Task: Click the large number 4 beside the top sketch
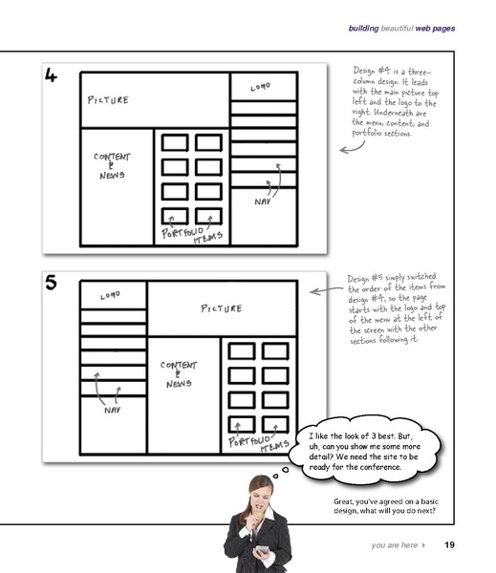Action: (51, 75)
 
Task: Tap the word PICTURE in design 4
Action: (108, 100)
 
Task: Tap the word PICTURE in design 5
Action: (221, 308)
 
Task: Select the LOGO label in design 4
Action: (260, 87)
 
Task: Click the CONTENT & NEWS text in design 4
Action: (112, 165)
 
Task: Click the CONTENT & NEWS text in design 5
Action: (179, 373)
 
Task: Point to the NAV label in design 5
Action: (113, 411)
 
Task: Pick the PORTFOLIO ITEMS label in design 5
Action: (260, 442)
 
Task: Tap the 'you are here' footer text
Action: (395, 545)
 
